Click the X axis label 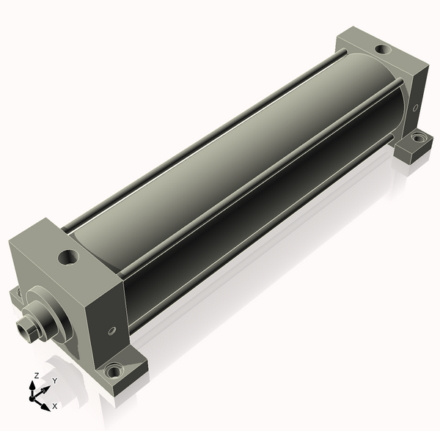click(x=55, y=406)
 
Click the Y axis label click(x=55, y=380)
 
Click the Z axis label click(x=36, y=375)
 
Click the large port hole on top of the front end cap click(x=68, y=257)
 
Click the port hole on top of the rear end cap click(x=383, y=49)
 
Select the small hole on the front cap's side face click(x=111, y=331)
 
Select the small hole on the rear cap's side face click(x=415, y=107)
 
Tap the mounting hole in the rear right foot click(x=417, y=138)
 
